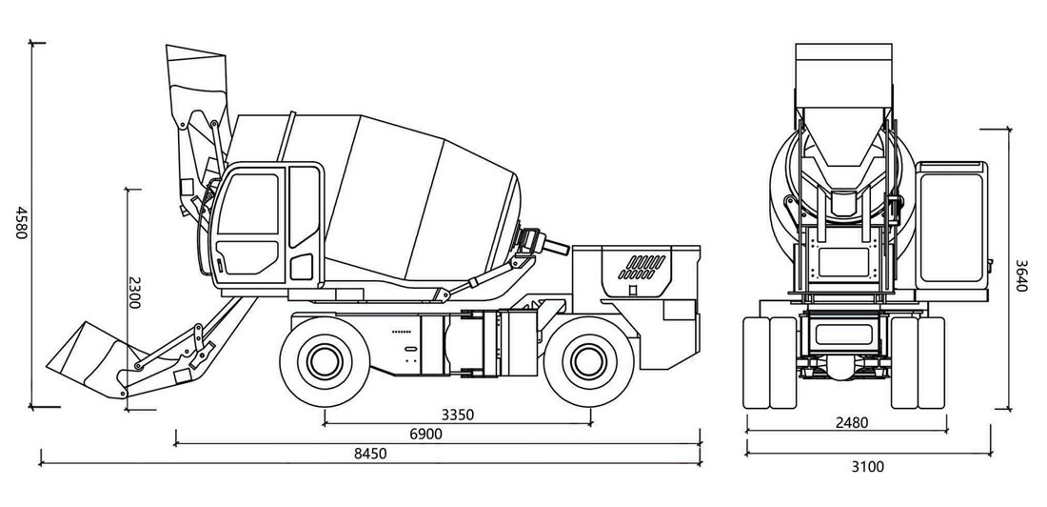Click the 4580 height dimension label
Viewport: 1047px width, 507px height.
(x=21, y=223)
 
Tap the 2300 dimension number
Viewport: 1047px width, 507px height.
(x=134, y=293)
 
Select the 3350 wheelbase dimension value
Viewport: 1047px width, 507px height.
(x=458, y=415)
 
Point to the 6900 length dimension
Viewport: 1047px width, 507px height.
(x=426, y=434)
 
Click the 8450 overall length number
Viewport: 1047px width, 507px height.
(x=370, y=454)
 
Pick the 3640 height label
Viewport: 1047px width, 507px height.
(x=1021, y=275)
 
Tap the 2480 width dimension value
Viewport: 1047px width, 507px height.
(x=852, y=423)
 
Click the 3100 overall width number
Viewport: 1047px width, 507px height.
(x=867, y=467)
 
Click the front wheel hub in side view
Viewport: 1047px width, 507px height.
(x=325, y=361)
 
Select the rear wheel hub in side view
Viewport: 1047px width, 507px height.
(x=589, y=361)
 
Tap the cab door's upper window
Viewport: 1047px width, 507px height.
(x=247, y=203)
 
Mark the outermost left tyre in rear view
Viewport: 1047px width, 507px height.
(x=756, y=362)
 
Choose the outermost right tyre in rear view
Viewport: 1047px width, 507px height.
(x=932, y=362)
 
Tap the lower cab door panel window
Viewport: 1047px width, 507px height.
(x=247, y=257)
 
